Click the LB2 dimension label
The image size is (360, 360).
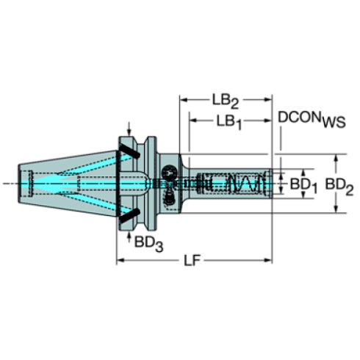pyautogui.click(x=225, y=101)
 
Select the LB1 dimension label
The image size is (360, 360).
pyautogui.click(x=229, y=122)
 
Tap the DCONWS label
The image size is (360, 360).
pyautogui.click(x=312, y=119)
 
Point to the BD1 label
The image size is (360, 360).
pyautogui.click(x=303, y=185)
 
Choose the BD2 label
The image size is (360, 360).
pyautogui.click(x=339, y=186)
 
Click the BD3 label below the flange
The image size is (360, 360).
pyautogui.click(x=148, y=244)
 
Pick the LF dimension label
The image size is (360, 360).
pyautogui.click(x=192, y=261)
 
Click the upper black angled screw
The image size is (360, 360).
pyautogui.click(x=129, y=151)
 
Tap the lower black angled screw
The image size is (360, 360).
pyautogui.click(x=129, y=216)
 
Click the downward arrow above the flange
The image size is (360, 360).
pyautogui.click(x=129, y=129)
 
